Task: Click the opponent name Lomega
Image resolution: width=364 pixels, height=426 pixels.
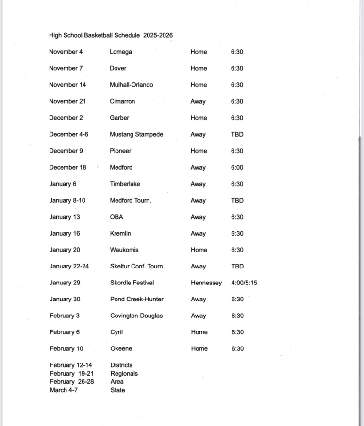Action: tap(120, 52)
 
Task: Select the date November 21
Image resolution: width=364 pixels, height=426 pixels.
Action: tap(67, 101)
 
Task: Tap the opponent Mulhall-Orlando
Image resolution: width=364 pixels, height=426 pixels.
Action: tap(131, 85)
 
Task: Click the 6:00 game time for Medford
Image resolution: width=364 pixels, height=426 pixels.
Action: tap(237, 167)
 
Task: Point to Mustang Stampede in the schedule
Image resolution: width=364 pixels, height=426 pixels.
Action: tap(136, 134)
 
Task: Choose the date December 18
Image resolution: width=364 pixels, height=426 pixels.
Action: tap(67, 167)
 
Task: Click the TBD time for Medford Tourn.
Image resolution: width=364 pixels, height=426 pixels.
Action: tap(237, 200)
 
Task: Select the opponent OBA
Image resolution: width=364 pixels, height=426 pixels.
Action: tap(116, 217)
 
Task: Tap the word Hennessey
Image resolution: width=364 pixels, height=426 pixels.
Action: tap(206, 283)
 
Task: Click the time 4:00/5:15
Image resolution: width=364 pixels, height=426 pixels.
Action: tap(244, 283)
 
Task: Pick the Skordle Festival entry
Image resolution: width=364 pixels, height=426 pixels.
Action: tap(132, 283)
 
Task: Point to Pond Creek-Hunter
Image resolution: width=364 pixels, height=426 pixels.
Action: tap(137, 299)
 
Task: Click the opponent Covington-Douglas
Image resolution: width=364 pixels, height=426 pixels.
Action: tap(136, 316)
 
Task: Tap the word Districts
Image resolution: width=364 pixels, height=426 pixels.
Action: tap(121, 365)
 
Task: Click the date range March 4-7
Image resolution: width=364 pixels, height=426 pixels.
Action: tap(64, 390)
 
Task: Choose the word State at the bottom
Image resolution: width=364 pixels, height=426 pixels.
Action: tap(117, 390)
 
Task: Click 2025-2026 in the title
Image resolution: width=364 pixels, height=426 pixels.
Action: tap(158, 35)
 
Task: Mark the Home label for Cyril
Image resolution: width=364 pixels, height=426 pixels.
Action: tap(199, 332)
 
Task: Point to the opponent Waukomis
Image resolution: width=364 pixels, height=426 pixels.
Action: tap(124, 250)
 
